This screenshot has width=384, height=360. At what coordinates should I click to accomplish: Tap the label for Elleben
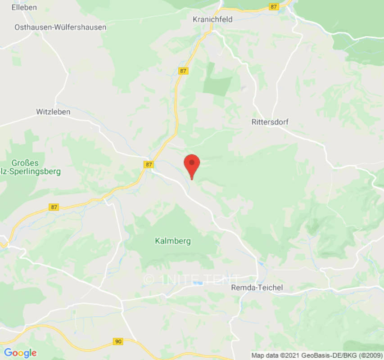coord(24,7)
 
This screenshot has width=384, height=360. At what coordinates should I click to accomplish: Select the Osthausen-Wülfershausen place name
coord(60,27)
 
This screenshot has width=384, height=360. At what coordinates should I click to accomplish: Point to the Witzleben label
coord(53,112)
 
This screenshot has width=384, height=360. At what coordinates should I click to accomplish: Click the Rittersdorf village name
coord(270,122)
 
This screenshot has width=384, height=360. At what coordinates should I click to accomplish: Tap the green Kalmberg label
coord(173,241)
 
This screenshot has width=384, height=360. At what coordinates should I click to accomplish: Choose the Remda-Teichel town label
coord(257,288)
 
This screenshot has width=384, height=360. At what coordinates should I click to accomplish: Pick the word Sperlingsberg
coord(36,171)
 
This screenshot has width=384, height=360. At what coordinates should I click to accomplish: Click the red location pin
coord(192,166)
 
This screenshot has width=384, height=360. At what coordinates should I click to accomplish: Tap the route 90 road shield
coord(118,342)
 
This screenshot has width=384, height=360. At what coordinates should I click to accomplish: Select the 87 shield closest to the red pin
coord(149,165)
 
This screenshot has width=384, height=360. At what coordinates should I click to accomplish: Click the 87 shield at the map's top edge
coord(273,7)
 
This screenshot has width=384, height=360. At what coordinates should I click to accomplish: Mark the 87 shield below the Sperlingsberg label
coord(54,207)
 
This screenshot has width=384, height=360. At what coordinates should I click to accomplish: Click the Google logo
coord(20,353)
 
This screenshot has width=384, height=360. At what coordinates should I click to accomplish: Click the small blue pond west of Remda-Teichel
coord(197,283)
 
